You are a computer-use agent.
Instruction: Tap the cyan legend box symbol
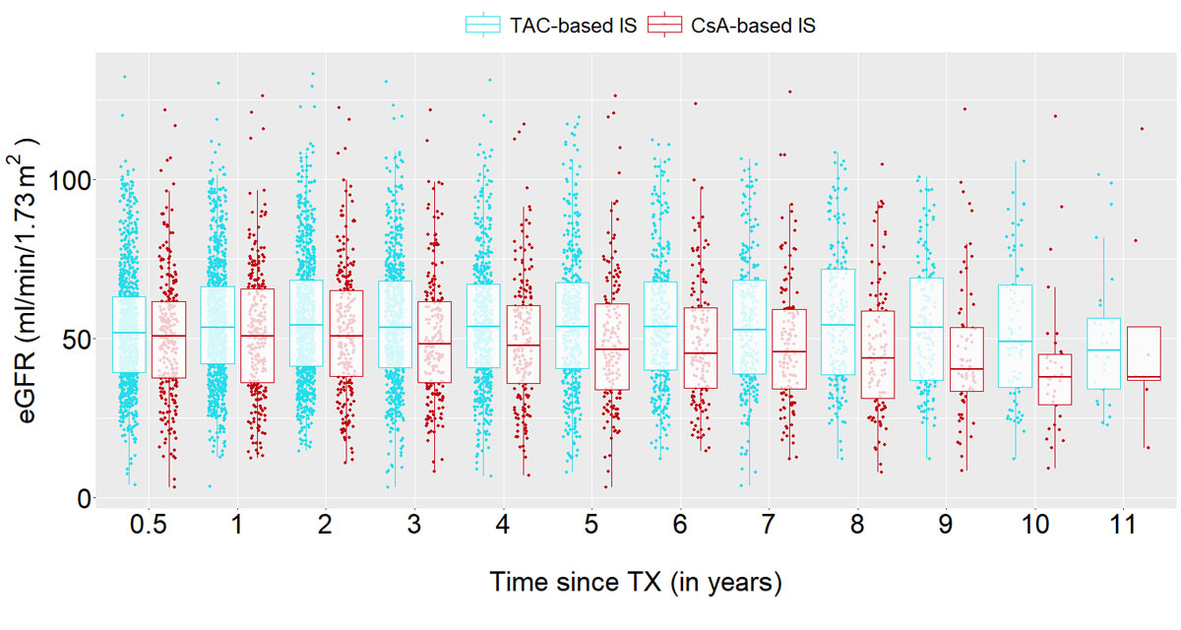coord(483,26)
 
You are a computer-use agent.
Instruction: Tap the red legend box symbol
coord(665,26)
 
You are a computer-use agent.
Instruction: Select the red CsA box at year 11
coord(1144,353)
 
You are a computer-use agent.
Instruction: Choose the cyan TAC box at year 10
coord(1015,336)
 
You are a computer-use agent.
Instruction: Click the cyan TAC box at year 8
coord(837,321)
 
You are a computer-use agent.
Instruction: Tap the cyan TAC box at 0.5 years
coord(128,335)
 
